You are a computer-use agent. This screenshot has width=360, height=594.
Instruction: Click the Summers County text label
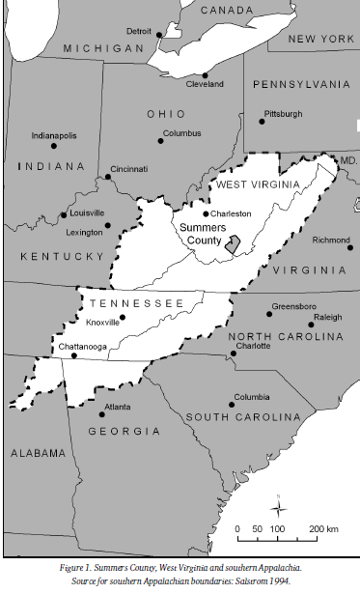(203, 235)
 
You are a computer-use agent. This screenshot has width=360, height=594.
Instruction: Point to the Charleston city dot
(206, 214)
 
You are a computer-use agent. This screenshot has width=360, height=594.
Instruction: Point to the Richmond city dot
(349, 247)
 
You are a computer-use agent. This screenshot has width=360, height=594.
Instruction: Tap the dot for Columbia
(232, 404)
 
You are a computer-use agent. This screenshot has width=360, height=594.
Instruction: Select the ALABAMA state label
(38, 453)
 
